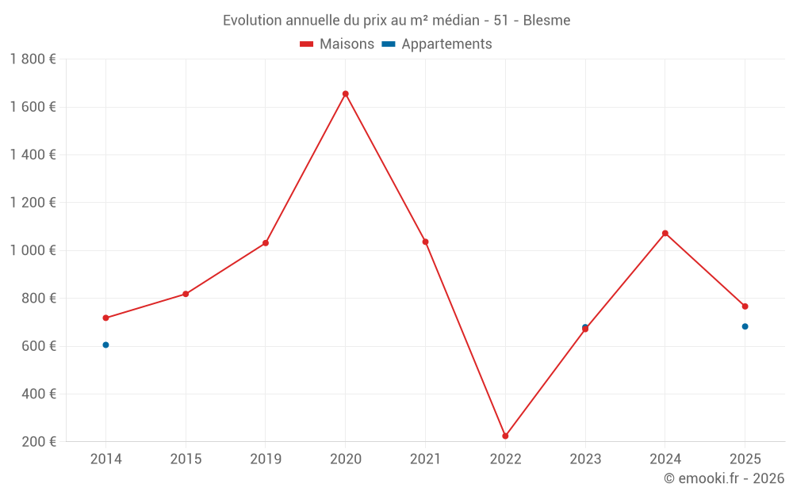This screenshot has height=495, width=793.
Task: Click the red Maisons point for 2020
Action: [x=345, y=93]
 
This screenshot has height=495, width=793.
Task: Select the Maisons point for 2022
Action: [x=505, y=436]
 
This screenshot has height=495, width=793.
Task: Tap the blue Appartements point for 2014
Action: [x=105, y=345]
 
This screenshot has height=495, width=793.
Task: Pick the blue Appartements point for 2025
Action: [x=745, y=326]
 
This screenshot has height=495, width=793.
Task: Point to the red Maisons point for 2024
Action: [x=665, y=233]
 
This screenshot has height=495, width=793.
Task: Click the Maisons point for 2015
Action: [x=186, y=294]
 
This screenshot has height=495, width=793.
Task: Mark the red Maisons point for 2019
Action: [x=266, y=243]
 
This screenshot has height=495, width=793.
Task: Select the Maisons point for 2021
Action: [x=425, y=242]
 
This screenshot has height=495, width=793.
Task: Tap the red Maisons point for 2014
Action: [x=105, y=318]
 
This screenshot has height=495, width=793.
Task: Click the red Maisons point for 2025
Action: [x=745, y=307]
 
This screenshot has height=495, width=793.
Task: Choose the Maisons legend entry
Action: [x=337, y=44]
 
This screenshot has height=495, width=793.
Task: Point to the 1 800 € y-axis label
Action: [x=33, y=59]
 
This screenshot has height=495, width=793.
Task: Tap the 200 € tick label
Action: [x=37, y=442]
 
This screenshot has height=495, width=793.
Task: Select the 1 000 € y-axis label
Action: [x=33, y=250]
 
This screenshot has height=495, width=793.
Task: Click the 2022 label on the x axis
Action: [x=505, y=459]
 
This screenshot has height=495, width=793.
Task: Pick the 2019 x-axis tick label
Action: [x=266, y=459]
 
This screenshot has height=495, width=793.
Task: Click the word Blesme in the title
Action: [x=546, y=21]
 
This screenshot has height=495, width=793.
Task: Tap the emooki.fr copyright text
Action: [x=724, y=478]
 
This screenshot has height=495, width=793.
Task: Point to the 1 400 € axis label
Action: [x=33, y=154]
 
